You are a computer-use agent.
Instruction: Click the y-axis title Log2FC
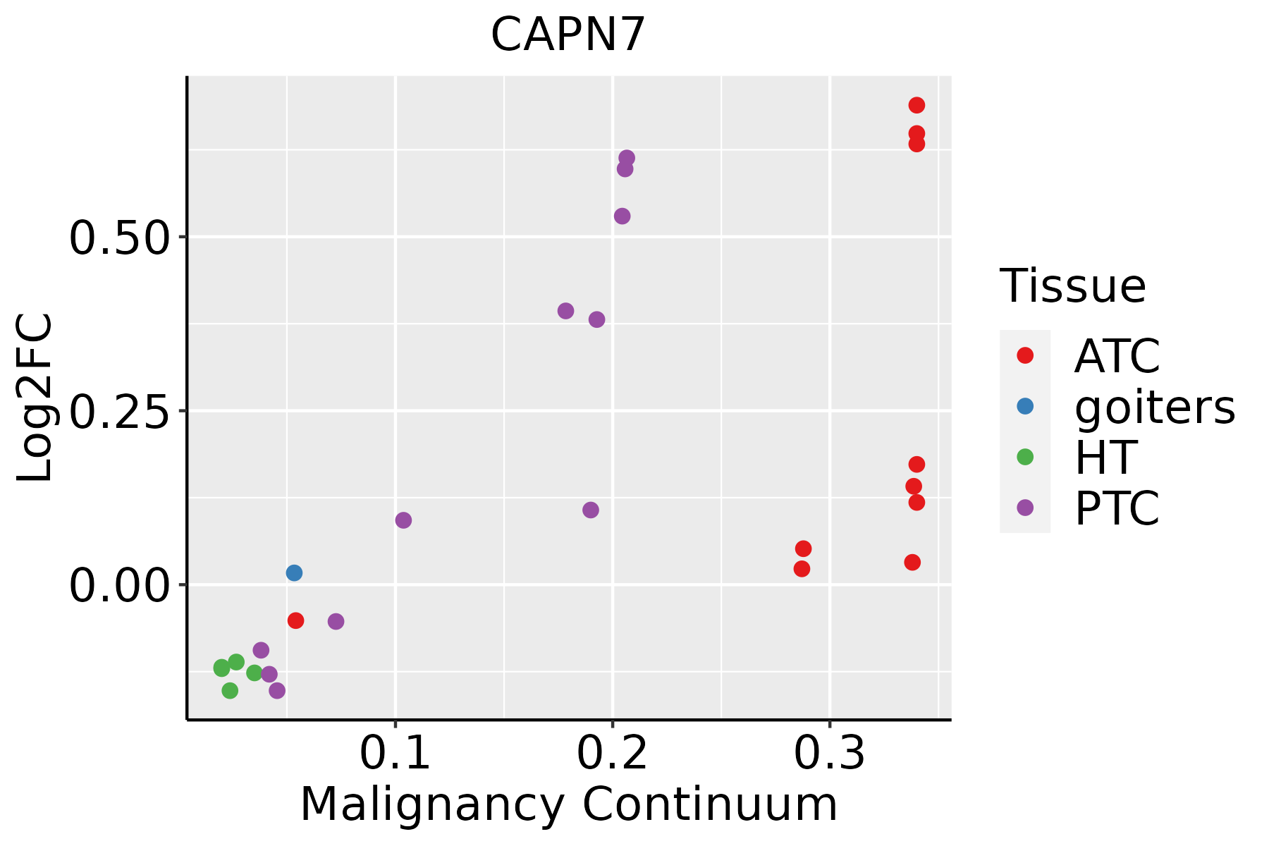[35, 398]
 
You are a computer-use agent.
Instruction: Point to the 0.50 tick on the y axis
[120, 238]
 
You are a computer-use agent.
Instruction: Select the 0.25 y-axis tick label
[120, 412]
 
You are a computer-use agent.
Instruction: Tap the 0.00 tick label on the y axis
[120, 586]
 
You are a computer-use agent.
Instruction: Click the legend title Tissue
[1073, 287]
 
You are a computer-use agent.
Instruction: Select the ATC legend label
[1117, 356]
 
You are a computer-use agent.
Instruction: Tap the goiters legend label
[1155, 407]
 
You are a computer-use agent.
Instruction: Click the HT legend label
[1105, 458]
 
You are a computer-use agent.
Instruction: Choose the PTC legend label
[1117, 508]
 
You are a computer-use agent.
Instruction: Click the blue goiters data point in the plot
[294, 572]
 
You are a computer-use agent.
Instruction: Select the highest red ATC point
[916, 105]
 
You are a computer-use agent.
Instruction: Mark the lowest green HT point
[230, 690]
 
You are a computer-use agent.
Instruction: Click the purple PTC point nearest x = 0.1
[403, 520]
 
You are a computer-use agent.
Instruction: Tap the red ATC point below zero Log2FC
[295, 620]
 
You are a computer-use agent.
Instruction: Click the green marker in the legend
[1025, 457]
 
